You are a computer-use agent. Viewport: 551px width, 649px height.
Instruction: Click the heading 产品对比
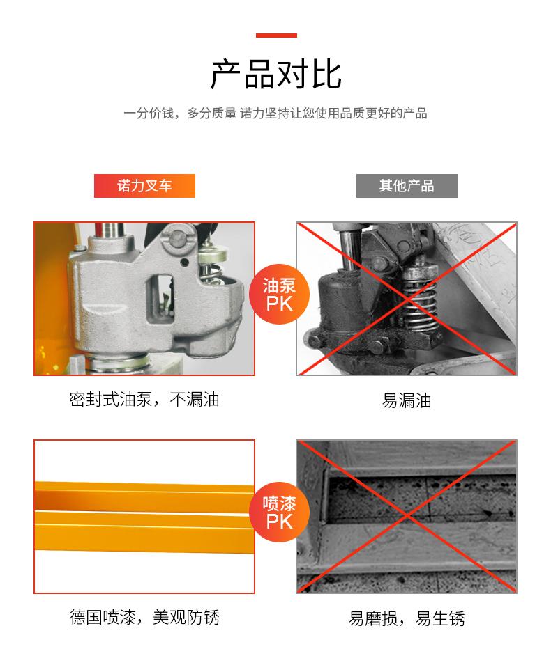275,75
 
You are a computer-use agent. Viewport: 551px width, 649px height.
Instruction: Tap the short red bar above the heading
276,36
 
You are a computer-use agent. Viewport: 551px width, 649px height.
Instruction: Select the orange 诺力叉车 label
144,186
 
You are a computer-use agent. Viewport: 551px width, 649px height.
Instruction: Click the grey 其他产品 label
407,186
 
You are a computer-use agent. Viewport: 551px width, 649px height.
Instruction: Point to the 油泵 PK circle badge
279,295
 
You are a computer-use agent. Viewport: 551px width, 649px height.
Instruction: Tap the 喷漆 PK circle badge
279,513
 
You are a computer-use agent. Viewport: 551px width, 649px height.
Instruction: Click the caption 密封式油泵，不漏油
144,400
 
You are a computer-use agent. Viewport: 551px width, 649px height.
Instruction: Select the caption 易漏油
407,400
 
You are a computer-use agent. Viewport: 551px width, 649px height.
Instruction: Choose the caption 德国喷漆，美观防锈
144,617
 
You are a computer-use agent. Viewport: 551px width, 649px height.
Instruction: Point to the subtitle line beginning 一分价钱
275,113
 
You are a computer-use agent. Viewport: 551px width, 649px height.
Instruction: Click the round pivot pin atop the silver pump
179,237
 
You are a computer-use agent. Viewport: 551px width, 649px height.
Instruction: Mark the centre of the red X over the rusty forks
407,516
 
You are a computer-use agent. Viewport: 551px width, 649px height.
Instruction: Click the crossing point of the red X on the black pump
407,299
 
